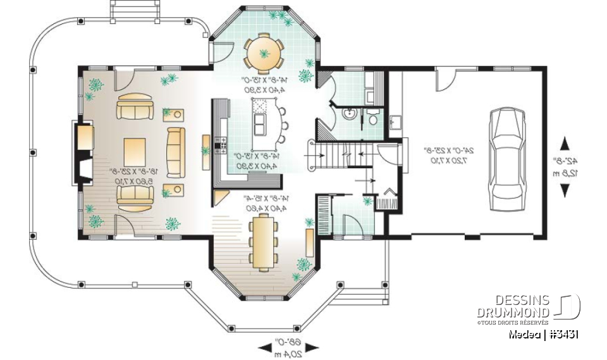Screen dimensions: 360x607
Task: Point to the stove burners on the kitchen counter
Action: click(221, 144)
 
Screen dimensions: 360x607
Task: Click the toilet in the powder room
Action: click(373, 118)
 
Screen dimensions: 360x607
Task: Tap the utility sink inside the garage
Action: click(395, 122)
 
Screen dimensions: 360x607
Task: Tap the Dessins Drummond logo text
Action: click(513, 307)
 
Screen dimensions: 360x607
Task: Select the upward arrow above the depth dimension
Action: click(564, 143)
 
